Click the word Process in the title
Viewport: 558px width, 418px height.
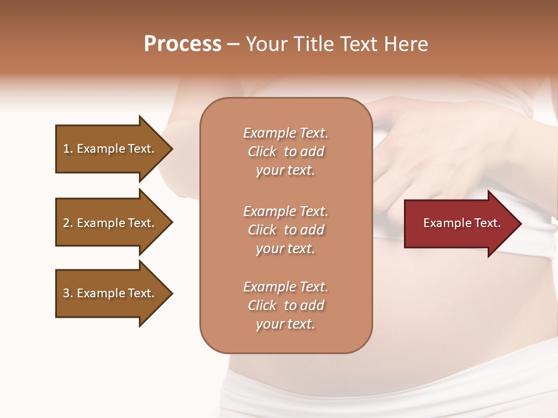183,44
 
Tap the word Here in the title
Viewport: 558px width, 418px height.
405,44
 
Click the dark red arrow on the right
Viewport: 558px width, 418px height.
459,224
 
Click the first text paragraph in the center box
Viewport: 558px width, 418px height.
285,152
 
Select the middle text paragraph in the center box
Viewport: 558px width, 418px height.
285,230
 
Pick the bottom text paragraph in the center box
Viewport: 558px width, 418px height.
285,305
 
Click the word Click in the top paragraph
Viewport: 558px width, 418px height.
262,152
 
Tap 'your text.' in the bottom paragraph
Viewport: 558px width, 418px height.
285,325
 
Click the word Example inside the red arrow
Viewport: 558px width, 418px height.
442,223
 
